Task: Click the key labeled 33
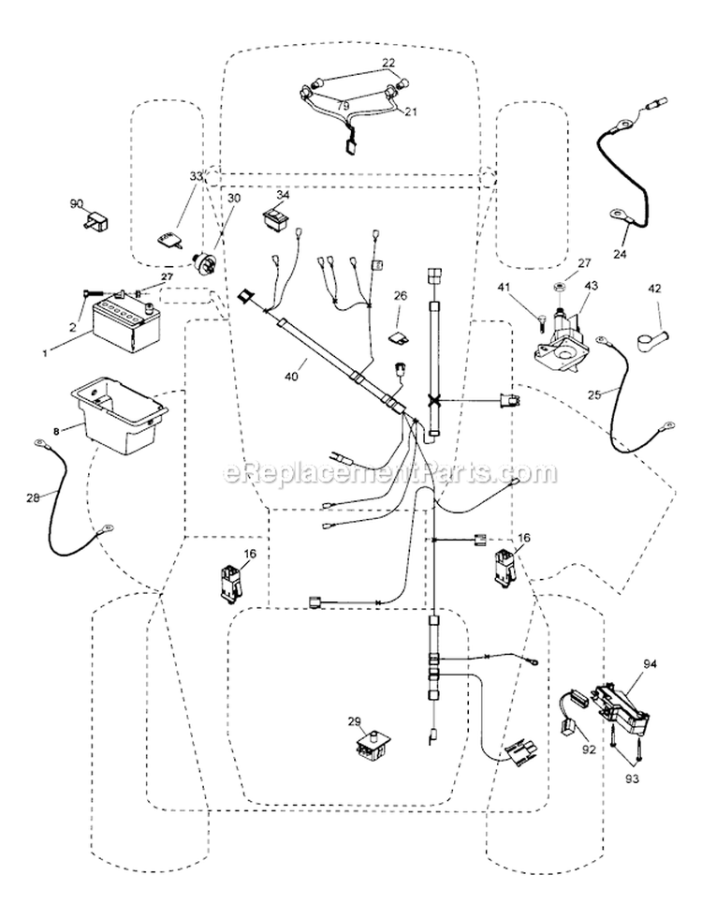[167, 241]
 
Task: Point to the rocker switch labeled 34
[275, 219]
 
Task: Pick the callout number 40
[291, 376]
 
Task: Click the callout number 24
[620, 255]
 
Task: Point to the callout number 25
[594, 394]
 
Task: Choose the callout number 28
[34, 497]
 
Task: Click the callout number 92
[590, 749]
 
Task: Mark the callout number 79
[344, 105]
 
